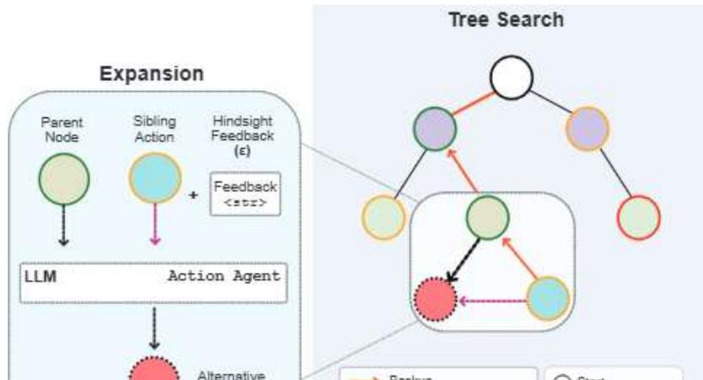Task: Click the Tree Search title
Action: [x=505, y=19]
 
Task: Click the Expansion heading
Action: [x=152, y=73]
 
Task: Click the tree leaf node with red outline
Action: [x=639, y=216]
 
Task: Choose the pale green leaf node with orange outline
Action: [x=384, y=216]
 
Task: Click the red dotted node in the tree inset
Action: [x=435, y=299]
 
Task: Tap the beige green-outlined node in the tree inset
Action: [x=487, y=217]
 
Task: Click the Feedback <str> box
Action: [x=246, y=193]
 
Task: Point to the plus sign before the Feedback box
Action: [x=194, y=194]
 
